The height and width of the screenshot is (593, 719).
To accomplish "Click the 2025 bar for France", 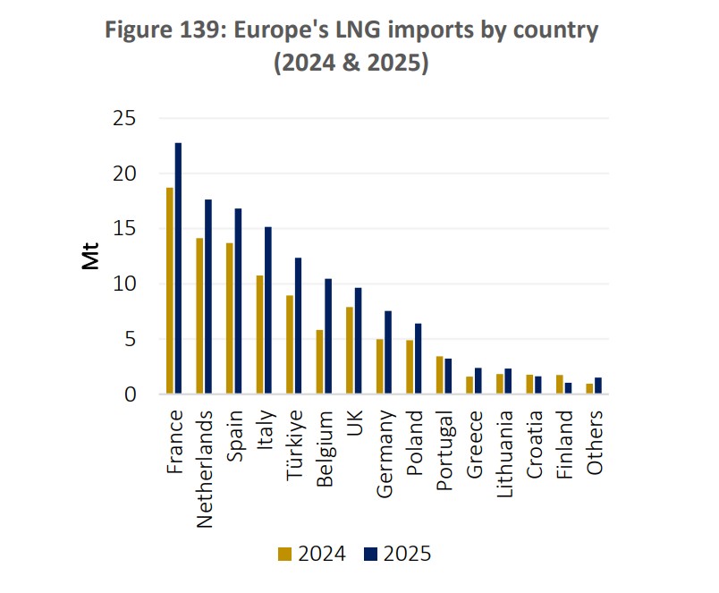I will pos(179,268).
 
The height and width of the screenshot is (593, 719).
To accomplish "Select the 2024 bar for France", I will pos(169,291).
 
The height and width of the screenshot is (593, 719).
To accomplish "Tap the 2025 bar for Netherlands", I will pos(208,296).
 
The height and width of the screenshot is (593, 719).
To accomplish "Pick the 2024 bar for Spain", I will pos(230,318).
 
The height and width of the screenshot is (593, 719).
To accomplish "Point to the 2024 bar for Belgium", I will pos(319,361).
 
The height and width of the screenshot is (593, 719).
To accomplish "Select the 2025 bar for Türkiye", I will pos(299,326).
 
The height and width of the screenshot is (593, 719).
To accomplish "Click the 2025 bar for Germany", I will pos(389,352).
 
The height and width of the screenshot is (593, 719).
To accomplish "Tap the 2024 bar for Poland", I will pos(410,367).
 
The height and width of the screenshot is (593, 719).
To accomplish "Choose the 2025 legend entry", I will pos(396,554).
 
